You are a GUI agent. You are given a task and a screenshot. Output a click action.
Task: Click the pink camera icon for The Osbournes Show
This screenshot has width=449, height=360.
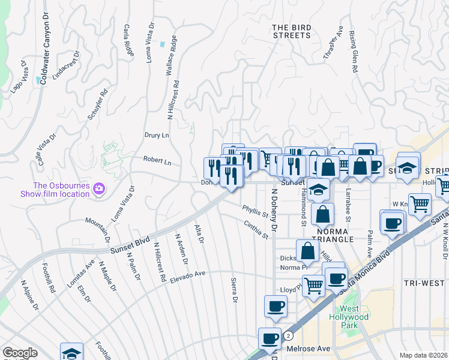99,190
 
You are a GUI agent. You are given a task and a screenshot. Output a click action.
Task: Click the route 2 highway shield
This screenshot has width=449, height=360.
289,335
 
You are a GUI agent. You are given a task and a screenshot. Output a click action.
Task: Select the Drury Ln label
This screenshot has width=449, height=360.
156,136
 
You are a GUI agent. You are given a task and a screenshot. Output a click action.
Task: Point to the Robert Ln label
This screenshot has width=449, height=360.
157,162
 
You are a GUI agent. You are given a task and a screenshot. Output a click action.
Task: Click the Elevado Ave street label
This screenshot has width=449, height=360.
187,277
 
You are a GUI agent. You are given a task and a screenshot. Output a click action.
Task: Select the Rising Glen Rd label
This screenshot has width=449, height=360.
353,52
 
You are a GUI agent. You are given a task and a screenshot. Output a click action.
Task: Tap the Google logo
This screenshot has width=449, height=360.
20,353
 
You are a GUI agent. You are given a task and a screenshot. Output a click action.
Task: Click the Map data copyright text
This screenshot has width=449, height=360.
423,355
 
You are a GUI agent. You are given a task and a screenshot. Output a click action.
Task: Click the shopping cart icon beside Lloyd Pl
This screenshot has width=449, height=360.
313,285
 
